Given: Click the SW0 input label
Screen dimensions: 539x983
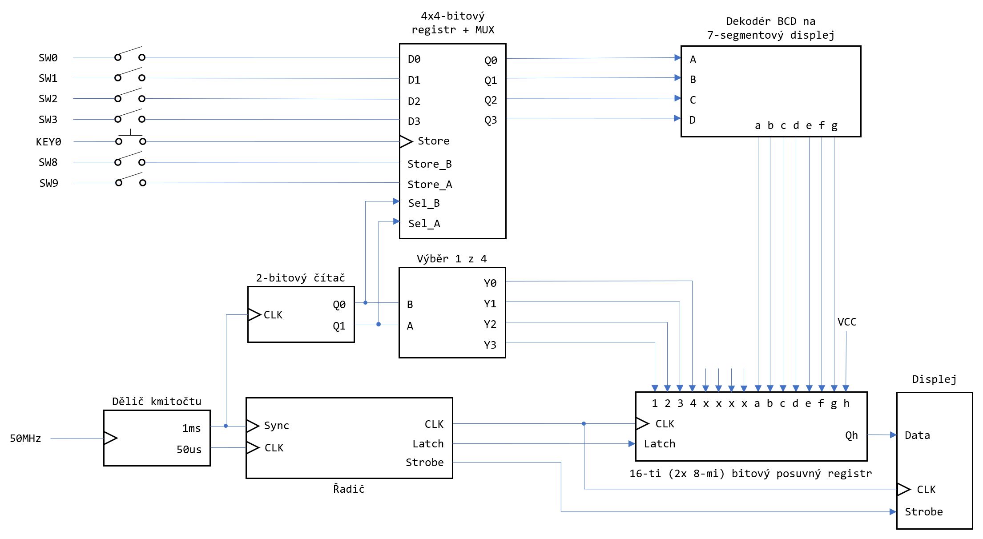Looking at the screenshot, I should click(48, 58).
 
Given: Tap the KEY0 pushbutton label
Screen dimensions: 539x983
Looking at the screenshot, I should click(48, 142).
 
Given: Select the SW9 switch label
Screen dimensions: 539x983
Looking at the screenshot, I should click(49, 183).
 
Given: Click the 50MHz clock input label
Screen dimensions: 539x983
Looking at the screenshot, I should click(25, 438).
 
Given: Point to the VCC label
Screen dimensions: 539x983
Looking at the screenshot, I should click(846, 322).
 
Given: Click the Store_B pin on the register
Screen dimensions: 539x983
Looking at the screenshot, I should click(429, 164).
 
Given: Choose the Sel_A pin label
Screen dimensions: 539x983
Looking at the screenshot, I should click(424, 224).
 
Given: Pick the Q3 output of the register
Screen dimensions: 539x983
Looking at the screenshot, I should click(491, 120).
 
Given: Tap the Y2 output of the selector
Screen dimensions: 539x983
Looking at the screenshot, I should click(490, 324).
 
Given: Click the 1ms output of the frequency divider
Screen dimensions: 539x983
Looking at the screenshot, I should click(191, 428).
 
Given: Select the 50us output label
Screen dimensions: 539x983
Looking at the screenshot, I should click(189, 450).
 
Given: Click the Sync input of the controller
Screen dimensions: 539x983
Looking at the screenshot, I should click(276, 426).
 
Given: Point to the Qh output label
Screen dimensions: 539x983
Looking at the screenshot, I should click(851, 435).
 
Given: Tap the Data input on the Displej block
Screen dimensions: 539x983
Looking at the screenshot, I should click(917, 435).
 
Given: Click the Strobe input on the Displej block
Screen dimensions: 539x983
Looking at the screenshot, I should click(923, 512).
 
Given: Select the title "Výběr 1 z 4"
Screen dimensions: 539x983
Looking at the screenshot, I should click(451, 259).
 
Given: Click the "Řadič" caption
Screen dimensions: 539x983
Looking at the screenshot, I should click(349, 489).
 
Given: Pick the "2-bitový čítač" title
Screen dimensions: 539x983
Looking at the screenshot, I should click(300, 278).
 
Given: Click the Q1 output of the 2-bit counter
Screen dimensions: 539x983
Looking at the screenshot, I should click(339, 326).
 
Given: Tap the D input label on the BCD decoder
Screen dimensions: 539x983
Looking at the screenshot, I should click(692, 120).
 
